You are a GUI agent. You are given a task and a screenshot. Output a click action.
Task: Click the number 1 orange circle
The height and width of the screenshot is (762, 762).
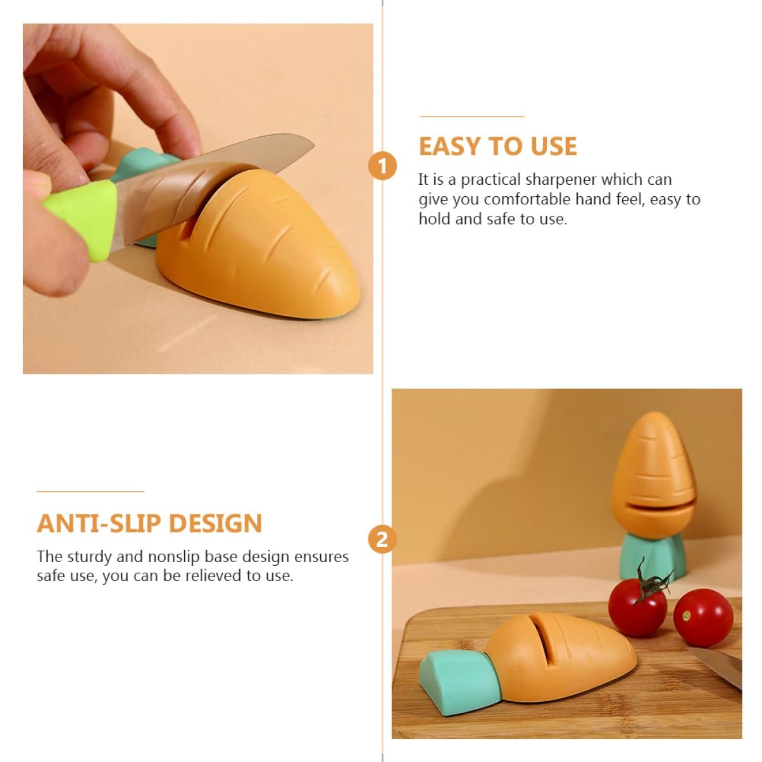[x=382, y=166]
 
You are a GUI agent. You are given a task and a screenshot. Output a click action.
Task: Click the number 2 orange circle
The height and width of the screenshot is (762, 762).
[x=382, y=539]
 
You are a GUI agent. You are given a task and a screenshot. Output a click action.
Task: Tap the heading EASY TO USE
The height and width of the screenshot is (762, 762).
[x=498, y=146]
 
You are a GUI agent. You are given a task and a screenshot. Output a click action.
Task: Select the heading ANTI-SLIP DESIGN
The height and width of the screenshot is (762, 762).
[x=149, y=523]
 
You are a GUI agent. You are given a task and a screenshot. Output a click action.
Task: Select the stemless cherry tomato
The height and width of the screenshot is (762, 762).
[x=703, y=618]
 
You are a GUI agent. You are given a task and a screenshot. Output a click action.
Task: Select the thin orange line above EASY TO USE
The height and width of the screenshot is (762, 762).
[x=472, y=116]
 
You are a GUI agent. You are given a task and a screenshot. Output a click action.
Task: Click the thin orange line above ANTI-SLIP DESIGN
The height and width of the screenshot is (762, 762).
[x=91, y=491]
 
